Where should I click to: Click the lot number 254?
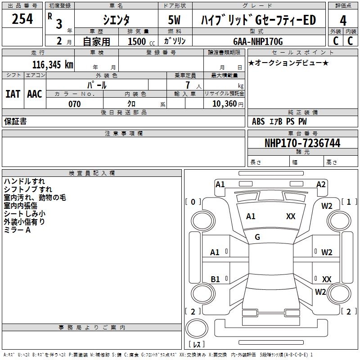click(22, 19)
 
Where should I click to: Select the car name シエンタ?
click(116, 20)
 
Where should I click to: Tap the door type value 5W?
click(174, 20)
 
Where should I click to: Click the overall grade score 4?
click(343, 21)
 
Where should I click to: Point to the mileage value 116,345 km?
click(53, 65)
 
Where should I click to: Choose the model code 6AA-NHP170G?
click(258, 41)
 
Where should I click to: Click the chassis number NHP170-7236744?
click(302, 143)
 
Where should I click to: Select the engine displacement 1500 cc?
click(141, 41)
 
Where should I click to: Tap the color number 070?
click(74, 104)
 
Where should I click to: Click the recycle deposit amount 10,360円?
click(228, 104)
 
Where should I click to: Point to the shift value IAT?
click(13, 94)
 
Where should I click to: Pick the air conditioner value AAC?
click(35, 94)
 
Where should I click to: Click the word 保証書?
click(15, 121)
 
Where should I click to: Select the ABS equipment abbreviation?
click(258, 121)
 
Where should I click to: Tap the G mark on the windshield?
click(257, 237)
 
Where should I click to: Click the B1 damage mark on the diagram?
click(215, 279)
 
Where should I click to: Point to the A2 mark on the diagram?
click(321, 184)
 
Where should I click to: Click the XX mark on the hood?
click(291, 216)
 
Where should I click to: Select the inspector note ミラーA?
click(17, 230)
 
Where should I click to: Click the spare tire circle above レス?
click(197, 328)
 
